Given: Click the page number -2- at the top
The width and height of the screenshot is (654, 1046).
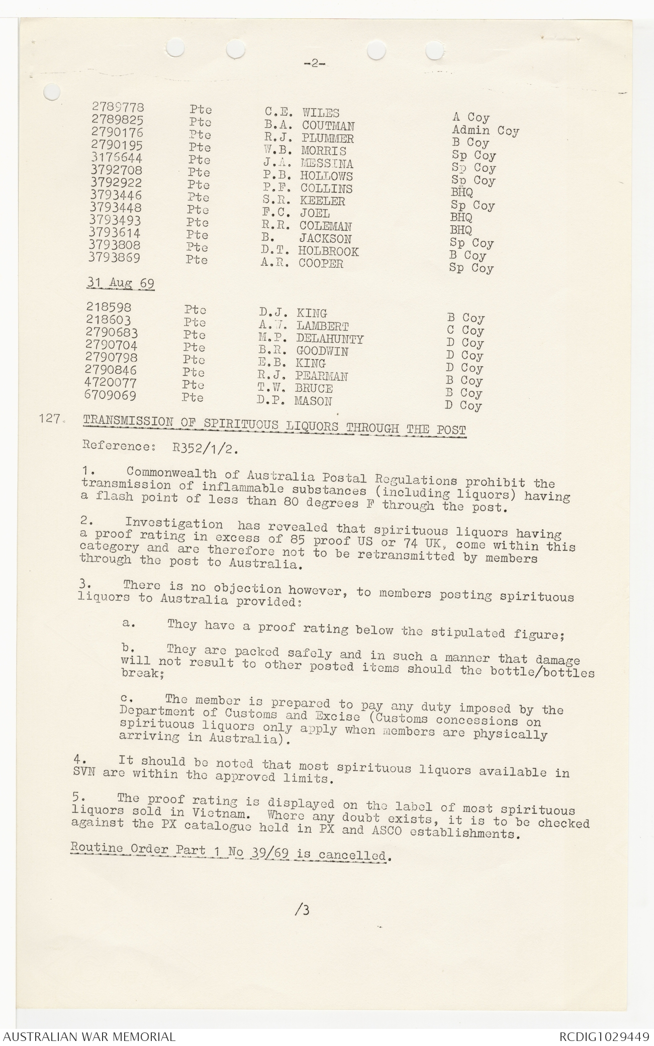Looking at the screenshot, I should click(315, 63).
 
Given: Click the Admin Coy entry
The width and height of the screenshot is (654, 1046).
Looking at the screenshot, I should click(485, 131).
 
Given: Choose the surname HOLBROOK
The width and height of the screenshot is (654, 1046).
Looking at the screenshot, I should click(328, 251).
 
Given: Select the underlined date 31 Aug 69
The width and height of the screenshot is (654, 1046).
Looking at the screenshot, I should click(121, 283).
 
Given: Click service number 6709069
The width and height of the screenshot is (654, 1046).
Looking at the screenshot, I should click(111, 395).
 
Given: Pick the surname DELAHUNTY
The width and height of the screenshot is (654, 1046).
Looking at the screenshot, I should click(329, 339).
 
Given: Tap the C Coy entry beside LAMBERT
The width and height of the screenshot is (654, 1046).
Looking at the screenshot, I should click(465, 331).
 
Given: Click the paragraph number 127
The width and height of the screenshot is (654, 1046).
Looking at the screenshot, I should click(49, 418).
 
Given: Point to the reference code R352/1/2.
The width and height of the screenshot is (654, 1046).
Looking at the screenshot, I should click(205, 448).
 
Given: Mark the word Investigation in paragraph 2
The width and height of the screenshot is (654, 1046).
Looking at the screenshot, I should click(174, 524).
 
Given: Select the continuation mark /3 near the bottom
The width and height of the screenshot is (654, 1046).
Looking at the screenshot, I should click(304, 909).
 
